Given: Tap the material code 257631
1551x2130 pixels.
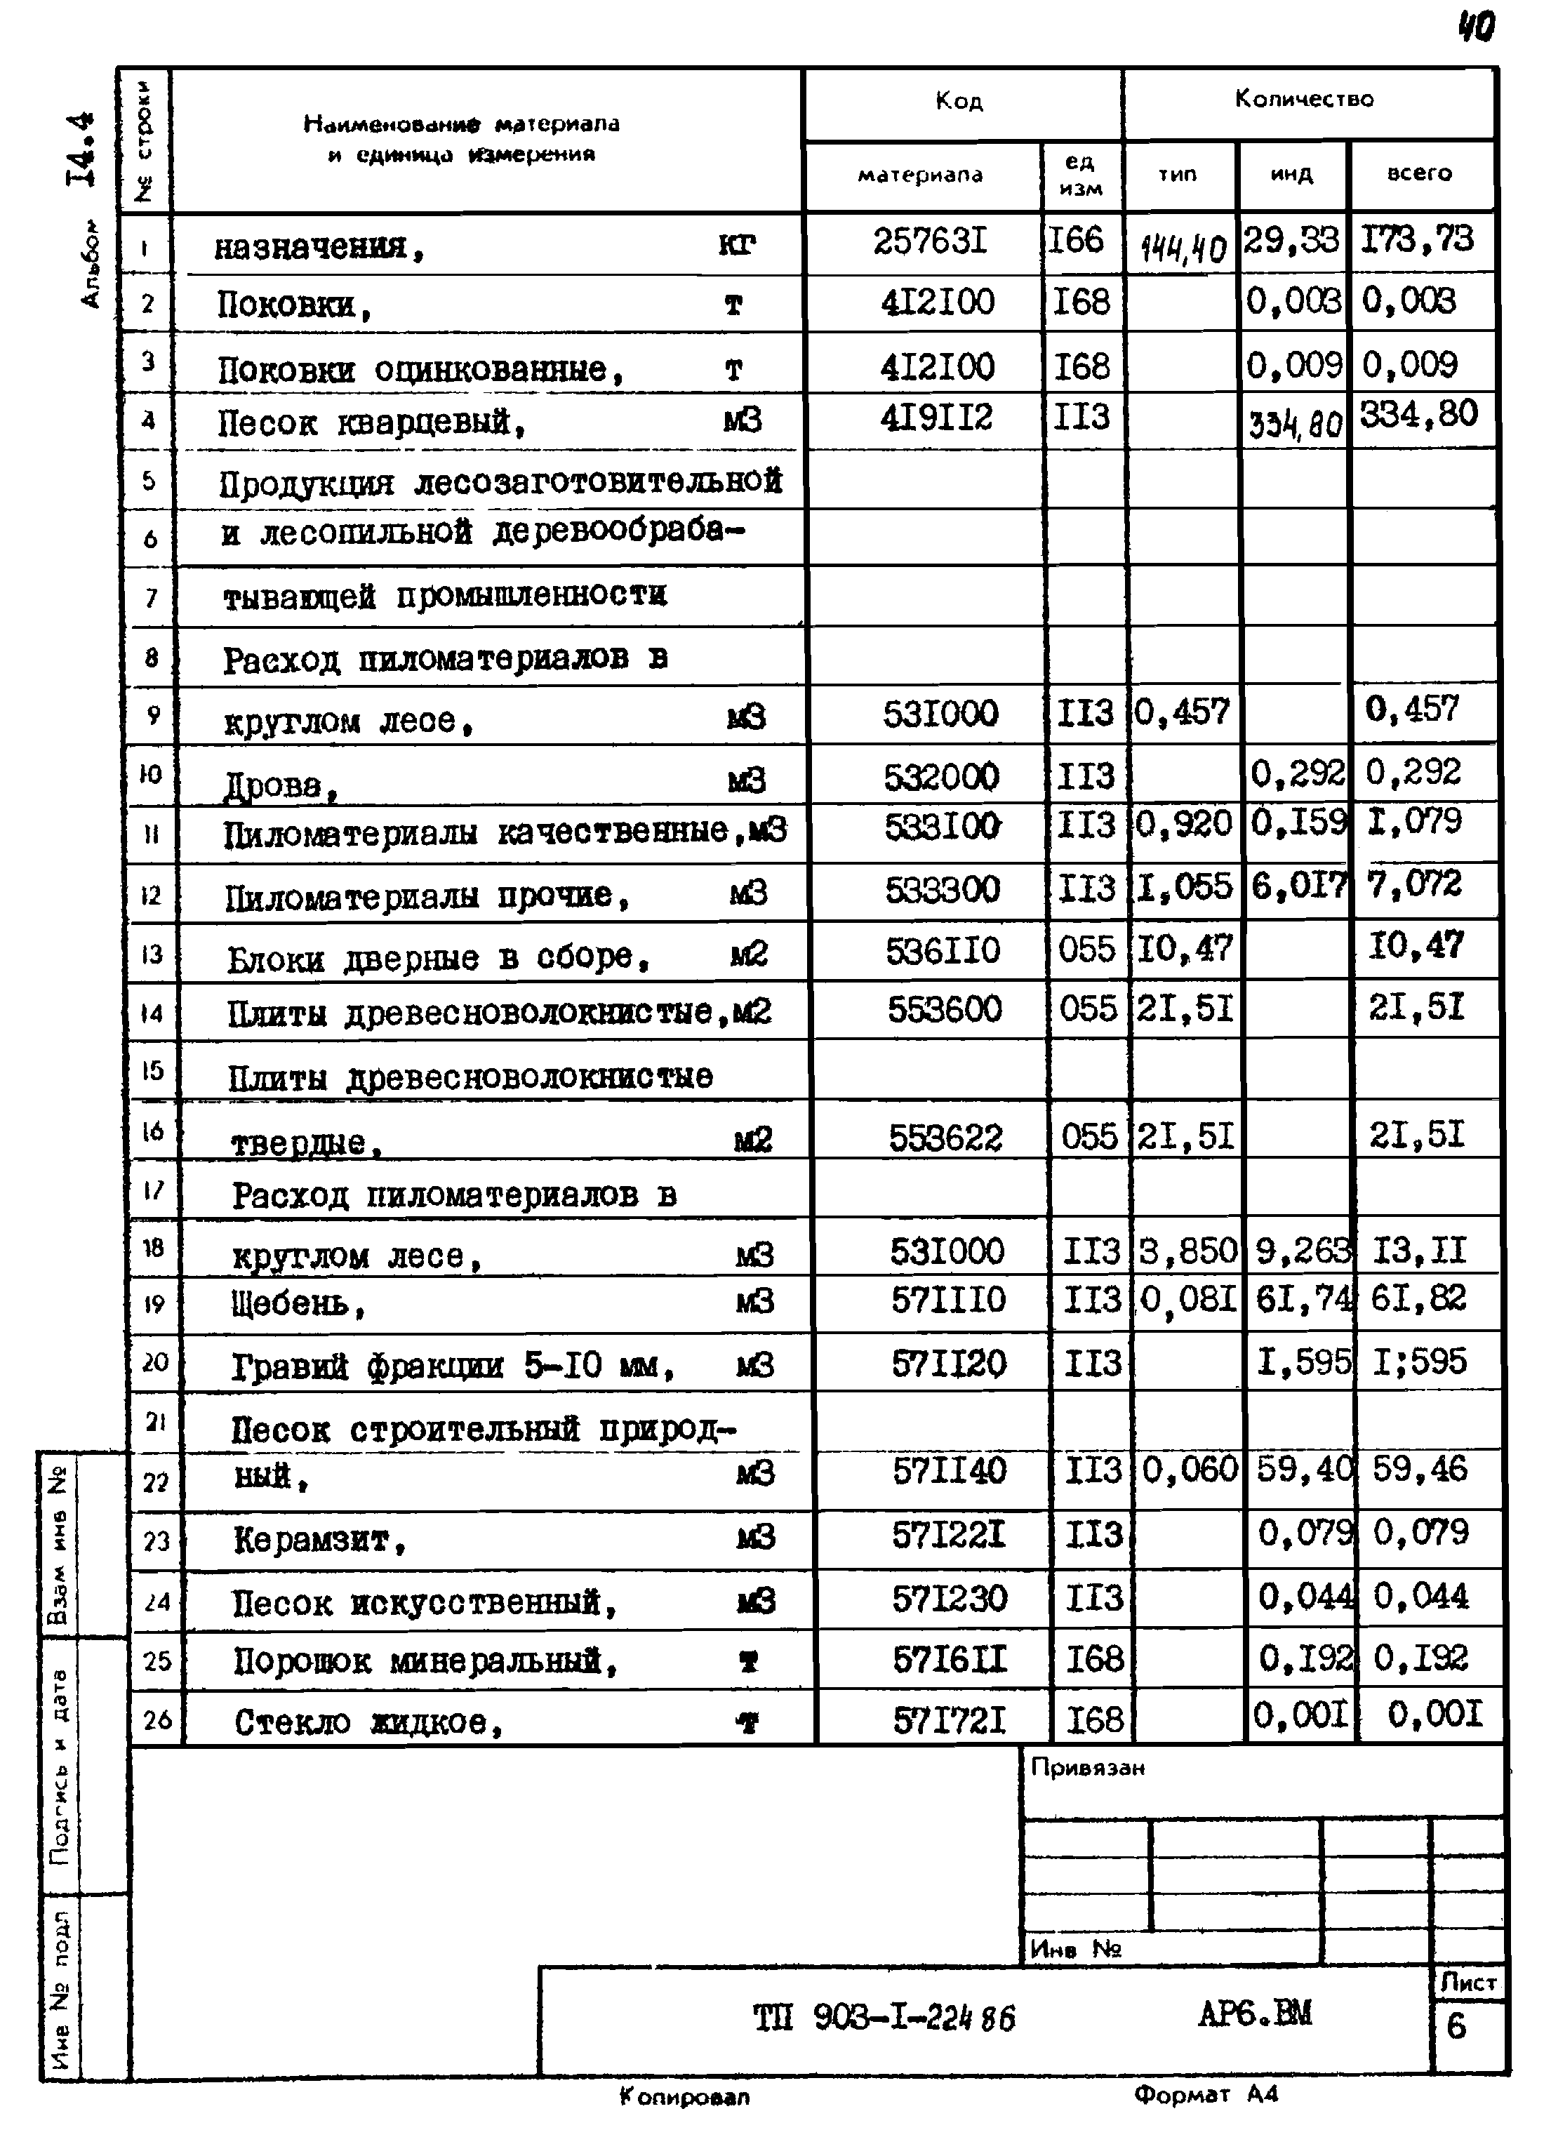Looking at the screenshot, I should pos(929,241).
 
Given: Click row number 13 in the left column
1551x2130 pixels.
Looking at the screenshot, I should pos(152,954).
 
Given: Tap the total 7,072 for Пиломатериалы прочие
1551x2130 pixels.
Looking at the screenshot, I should pos(1414,884).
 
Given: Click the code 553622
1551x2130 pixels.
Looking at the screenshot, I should pos(945,1138).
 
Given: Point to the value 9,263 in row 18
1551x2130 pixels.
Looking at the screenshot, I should pos(1301,1251).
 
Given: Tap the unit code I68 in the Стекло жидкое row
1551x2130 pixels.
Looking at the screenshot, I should pos(1094,1719).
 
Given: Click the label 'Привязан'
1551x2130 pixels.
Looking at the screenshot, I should pos(1087,1767).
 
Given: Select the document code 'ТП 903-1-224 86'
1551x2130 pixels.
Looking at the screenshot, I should pos(883,2017).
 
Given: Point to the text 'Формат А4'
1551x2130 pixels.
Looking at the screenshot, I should pos(1205,2094).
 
